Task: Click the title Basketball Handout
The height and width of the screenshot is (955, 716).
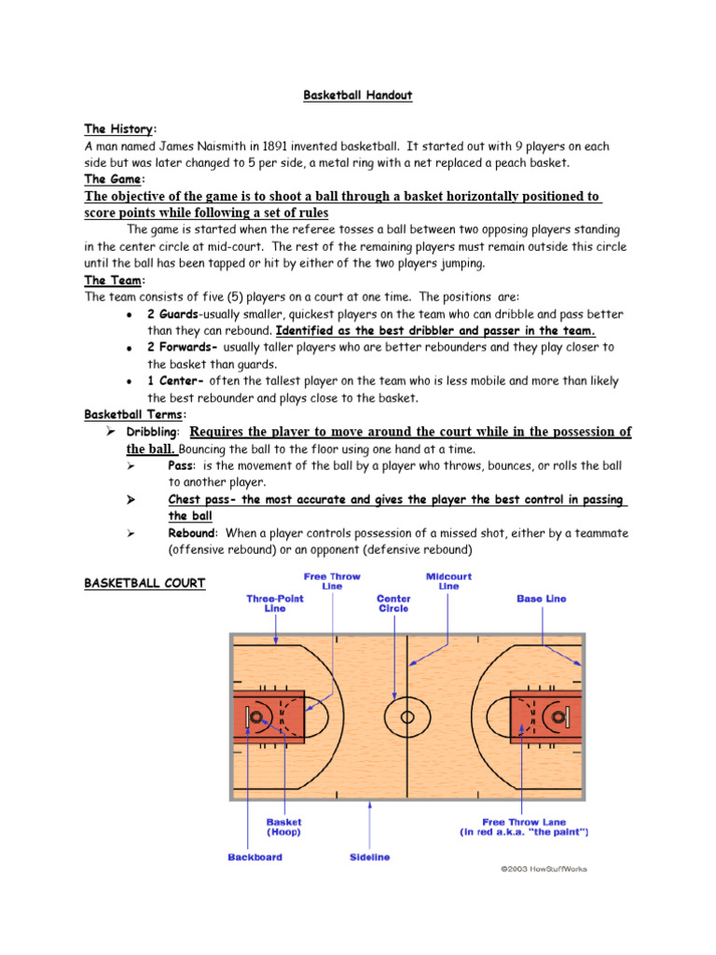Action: click(x=359, y=95)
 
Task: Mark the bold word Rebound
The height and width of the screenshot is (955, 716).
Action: click(x=191, y=533)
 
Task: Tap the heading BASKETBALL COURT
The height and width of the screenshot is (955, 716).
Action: click(x=145, y=584)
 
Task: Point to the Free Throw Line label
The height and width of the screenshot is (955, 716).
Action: click(x=332, y=582)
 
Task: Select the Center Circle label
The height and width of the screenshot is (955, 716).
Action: click(x=394, y=602)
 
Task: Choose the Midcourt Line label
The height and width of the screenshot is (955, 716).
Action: click(x=448, y=582)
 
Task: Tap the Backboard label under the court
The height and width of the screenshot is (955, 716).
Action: click(x=255, y=856)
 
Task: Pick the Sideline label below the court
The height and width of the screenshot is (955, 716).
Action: click(x=369, y=856)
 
